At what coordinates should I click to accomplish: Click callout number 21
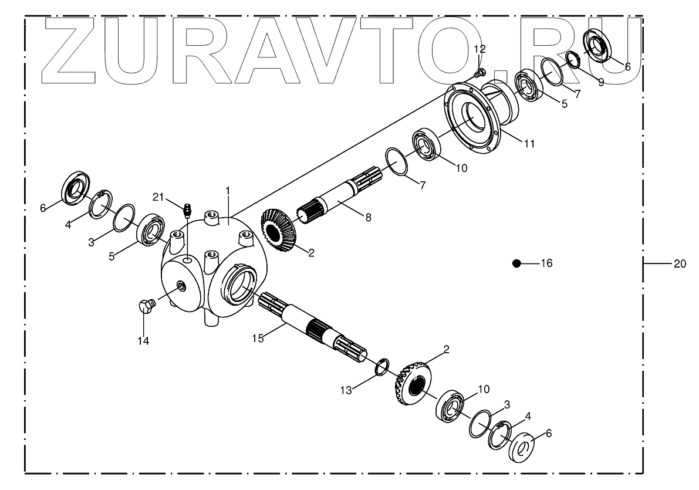tap(159, 196)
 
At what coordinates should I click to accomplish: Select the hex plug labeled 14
tap(146, 305)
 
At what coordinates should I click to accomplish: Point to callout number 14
tap(143, 340)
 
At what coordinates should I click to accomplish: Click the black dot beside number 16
tap(516, 263)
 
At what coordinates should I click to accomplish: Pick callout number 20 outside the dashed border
tap(679, 264)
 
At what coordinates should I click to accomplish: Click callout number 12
tap(480, 48)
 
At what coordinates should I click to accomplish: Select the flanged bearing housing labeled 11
tap(481, 117)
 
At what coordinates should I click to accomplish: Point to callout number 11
tap(529, 143)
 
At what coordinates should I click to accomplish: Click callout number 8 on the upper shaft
tap(368, 217)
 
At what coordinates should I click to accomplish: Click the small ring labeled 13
tap(381, 367)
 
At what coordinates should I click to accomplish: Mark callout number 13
tap(347, 390)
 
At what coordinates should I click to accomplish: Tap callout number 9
tap(600, 83)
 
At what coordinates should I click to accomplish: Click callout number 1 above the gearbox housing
tap(228, 191)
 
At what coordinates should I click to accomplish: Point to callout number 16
tap(546, 264)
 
